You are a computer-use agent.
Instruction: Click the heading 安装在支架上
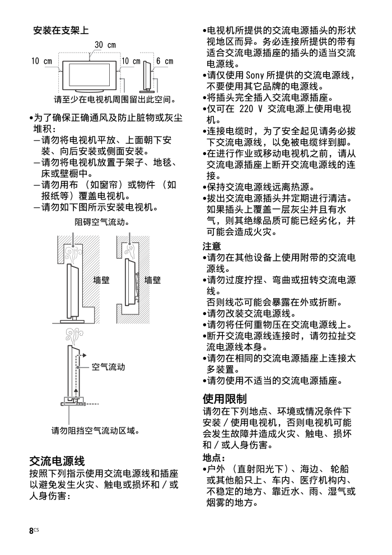pos(62,30)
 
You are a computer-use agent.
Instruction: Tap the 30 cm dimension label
pos(105,45)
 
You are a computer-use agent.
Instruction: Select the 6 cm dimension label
pos(165,61)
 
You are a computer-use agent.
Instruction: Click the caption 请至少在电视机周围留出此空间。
pos(115,101)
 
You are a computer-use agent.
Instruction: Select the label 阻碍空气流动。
pos(102,222)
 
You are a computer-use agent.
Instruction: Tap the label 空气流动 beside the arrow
pos(108,367)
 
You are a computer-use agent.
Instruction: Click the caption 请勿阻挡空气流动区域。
pos(95,430)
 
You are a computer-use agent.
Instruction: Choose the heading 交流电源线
pos(57,461)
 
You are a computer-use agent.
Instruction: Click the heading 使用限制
pos(225,399)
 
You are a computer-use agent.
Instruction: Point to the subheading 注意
pos(212,246)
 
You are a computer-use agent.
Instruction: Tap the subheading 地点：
pos(213,457)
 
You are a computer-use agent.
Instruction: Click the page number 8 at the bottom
pos(32,531)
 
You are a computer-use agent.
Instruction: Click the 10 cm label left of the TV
pos(41,61)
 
